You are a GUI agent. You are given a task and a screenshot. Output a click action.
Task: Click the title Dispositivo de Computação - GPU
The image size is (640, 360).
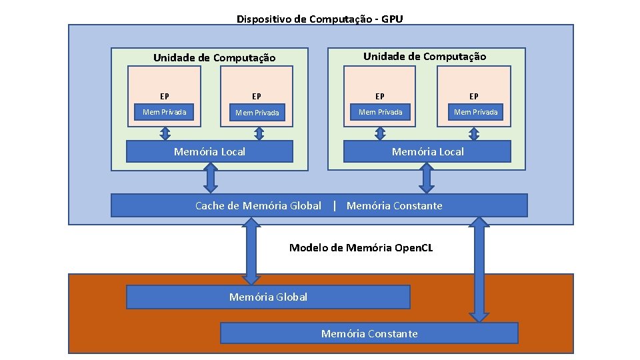320,19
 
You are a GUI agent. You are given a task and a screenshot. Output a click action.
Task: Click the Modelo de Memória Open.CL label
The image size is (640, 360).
361,248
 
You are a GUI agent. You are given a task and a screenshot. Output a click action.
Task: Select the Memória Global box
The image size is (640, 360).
268,297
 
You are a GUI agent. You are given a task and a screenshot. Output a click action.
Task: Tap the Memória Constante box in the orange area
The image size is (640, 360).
369,333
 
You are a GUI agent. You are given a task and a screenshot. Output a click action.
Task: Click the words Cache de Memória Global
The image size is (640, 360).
258,205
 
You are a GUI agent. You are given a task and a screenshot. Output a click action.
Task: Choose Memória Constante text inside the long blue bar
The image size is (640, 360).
394,205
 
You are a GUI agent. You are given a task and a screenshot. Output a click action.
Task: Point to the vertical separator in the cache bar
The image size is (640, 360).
334,205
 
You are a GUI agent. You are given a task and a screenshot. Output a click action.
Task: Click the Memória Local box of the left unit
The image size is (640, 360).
209,151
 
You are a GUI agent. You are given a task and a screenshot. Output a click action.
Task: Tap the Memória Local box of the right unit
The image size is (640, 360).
427,151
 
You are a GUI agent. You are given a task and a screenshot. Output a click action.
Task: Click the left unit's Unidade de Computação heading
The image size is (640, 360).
214,57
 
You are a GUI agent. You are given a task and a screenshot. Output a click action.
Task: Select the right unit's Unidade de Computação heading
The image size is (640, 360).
425,57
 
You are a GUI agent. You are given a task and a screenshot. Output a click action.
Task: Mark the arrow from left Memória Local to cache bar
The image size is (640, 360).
211,177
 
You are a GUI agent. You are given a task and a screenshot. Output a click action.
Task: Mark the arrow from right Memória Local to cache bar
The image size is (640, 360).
427,177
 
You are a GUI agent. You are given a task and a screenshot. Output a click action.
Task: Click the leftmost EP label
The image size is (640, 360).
164,97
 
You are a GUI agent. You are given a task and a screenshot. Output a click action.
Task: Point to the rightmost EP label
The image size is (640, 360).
473,97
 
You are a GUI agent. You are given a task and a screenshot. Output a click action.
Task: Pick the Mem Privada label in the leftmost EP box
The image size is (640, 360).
164,112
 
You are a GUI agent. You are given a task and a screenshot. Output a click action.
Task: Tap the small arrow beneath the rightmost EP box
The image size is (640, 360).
474,134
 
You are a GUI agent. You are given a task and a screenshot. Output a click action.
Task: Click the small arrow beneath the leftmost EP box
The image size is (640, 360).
165,134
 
